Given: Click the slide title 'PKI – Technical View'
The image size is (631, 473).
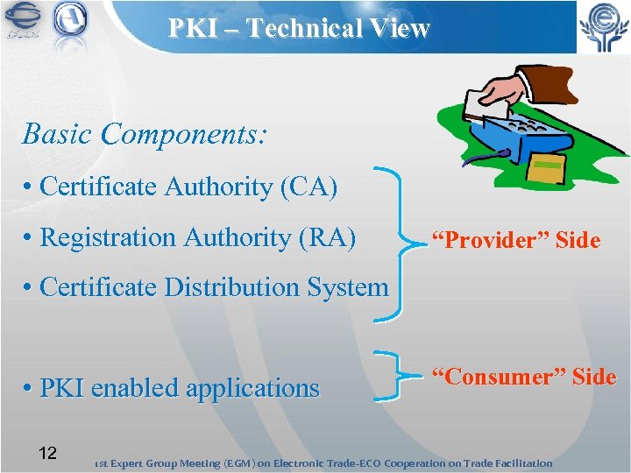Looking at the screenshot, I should (x=300, y=28).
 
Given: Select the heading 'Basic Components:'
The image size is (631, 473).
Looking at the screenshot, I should (x=145, y=134).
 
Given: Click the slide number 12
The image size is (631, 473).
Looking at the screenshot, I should (x=48, y=453).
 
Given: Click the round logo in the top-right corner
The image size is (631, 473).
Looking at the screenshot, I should (x=602, y=26).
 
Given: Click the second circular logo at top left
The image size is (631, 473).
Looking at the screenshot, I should (x=70, y=22).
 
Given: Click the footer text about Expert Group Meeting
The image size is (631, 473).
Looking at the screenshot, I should (x=324, y=462).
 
